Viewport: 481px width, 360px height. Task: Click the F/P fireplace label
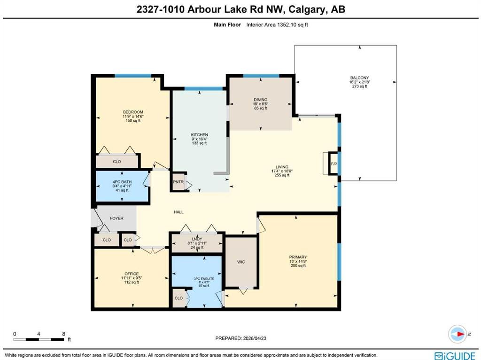pos(334,164)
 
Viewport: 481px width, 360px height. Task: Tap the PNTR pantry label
pos(178,182)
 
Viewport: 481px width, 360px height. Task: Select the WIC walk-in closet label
pos(241,262)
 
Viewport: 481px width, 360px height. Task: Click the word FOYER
pos(116,218)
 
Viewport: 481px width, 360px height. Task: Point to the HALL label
pos(179,212)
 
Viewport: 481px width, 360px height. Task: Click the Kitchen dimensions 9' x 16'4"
pos(199,139)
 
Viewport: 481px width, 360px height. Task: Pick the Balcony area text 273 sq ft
pos(360,86)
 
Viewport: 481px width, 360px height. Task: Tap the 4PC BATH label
pos(122,182)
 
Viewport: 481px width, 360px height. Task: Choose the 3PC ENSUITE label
pos(204,279)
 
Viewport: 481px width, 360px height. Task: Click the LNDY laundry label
pos(197,239)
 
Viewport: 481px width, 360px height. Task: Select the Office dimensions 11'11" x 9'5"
pos(132,278)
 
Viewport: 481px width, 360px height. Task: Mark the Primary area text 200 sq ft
pos(298,266)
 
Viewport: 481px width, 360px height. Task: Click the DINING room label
pos(260,100)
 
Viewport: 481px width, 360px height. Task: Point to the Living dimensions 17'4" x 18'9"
pos(282,171)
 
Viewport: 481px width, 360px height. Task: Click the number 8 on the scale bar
pos(64,334)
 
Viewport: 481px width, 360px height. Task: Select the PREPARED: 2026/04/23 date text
pos(241,338)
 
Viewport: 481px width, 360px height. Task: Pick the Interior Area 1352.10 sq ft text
pos(277,25)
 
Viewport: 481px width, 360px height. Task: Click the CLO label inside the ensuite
pos(178,298)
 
